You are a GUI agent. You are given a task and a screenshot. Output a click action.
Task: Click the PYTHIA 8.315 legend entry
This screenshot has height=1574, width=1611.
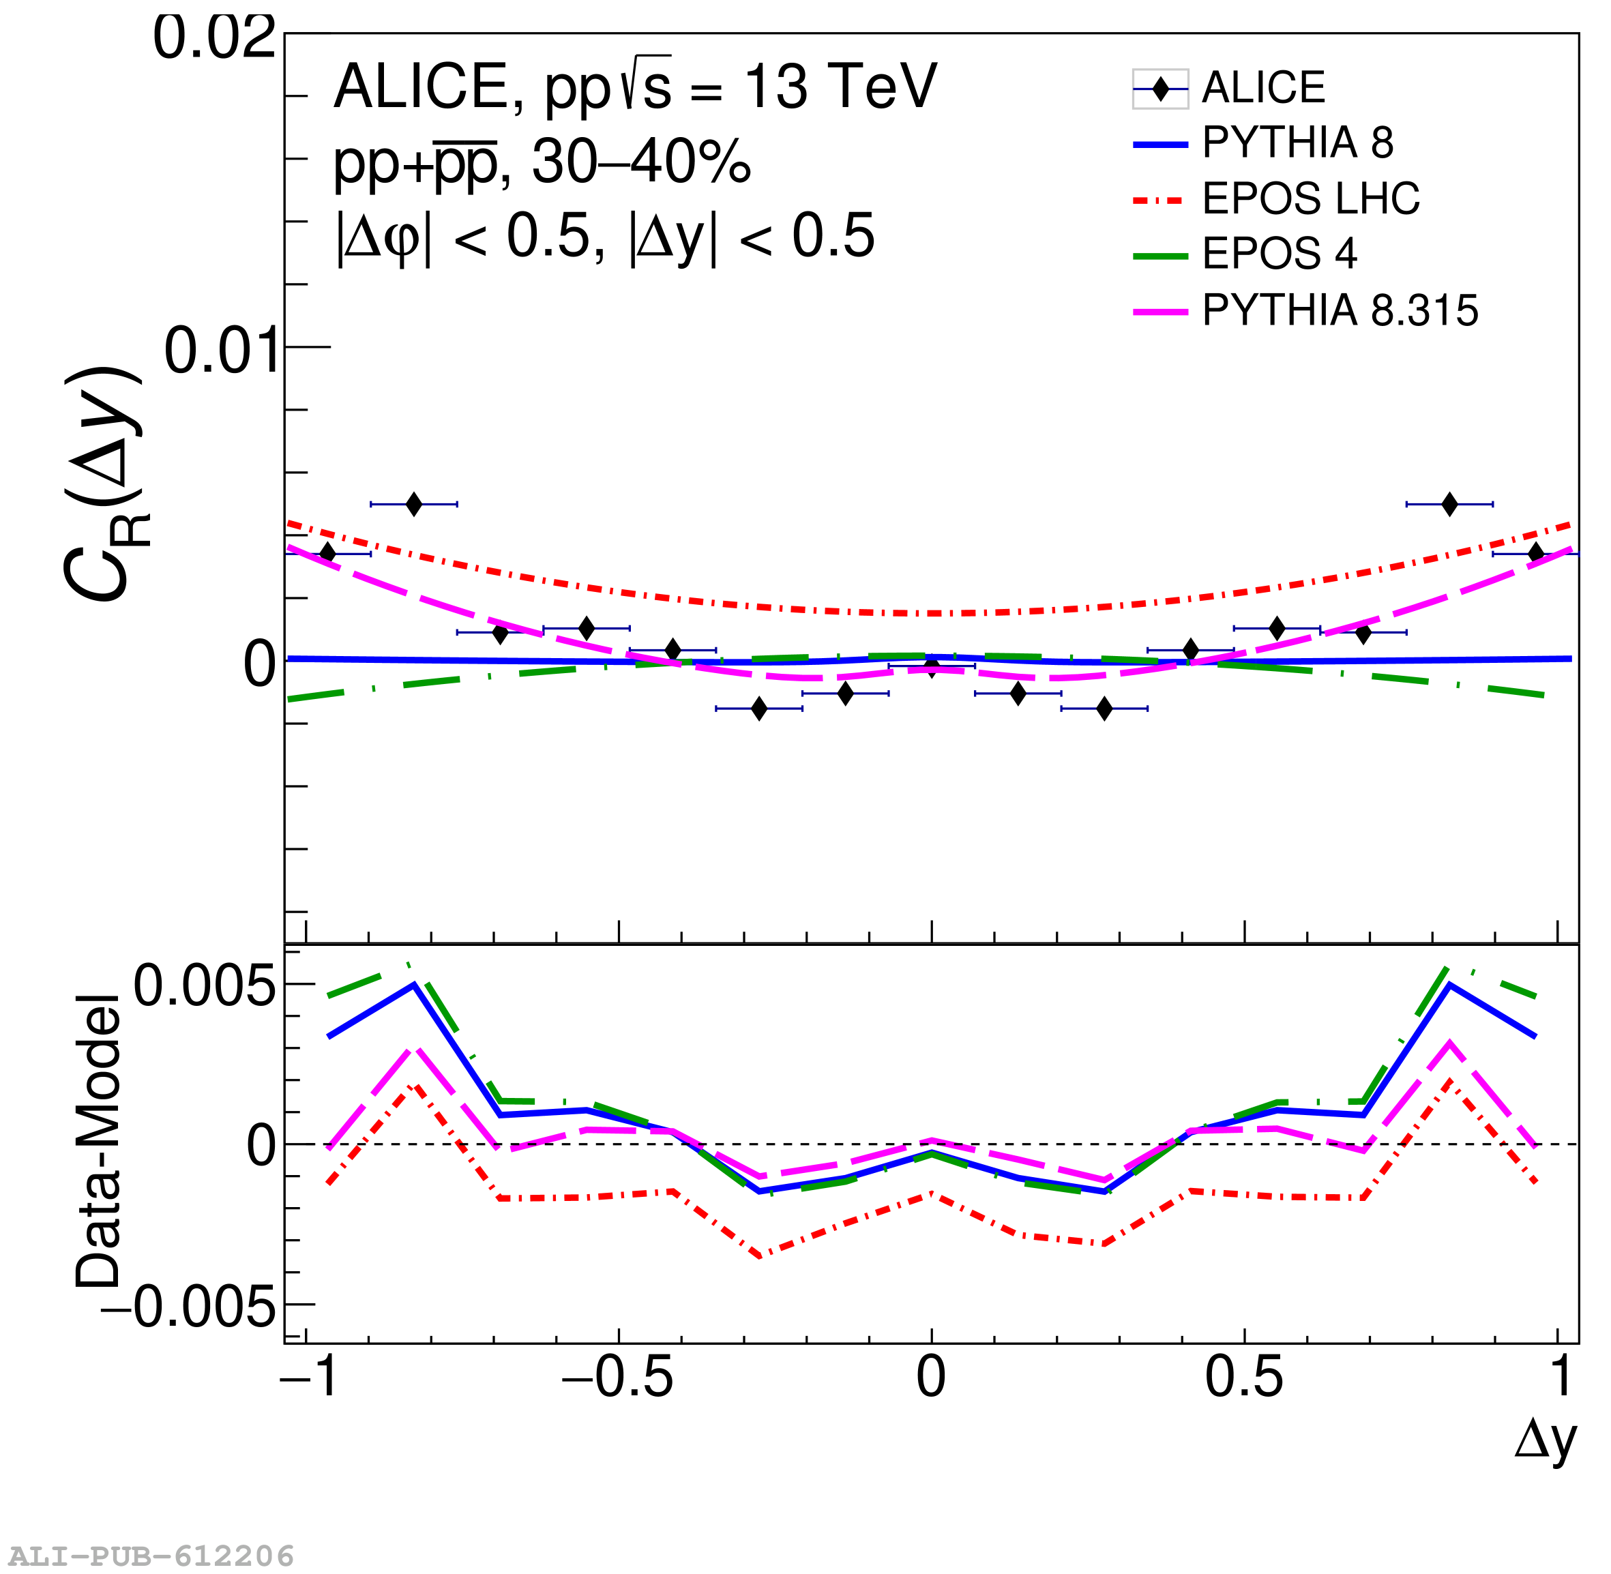coord(1339,311)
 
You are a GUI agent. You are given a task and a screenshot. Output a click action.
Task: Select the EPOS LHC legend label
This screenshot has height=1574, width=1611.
coord(1310,198)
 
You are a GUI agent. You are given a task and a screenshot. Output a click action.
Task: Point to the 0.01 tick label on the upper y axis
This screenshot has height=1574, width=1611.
coord(220,351)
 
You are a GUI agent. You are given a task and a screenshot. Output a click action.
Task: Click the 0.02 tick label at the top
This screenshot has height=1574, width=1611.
coord(214,38)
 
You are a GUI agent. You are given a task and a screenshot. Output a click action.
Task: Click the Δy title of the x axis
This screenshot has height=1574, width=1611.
coord(1545,1440)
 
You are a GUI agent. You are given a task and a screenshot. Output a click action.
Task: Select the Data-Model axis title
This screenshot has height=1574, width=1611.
coord(98,1142)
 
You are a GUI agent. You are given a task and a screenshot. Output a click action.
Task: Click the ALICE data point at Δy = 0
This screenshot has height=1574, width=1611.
coord(932,666)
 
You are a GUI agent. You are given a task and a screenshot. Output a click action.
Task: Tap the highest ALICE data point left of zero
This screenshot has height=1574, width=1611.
coord(414,503)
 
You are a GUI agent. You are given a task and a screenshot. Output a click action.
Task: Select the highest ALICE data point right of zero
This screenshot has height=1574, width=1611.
coord(1449,503)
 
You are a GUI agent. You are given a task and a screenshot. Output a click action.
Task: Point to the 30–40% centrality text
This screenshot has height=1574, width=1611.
coord(640,162)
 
